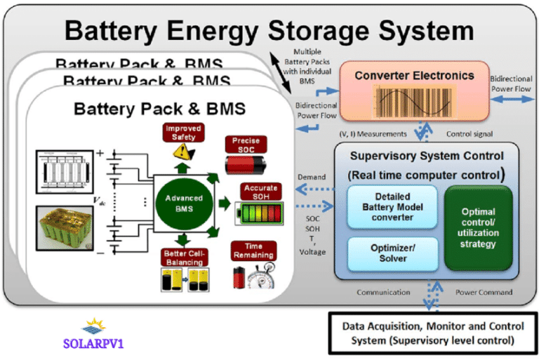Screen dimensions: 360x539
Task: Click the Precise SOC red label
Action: click(246, 144)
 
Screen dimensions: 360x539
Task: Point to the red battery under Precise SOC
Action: click(246, 166)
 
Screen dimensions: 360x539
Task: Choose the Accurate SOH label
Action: click(260, 192)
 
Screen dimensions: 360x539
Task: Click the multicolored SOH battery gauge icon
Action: click(260, 213)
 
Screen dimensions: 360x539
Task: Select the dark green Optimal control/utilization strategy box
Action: click(479, 228)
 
